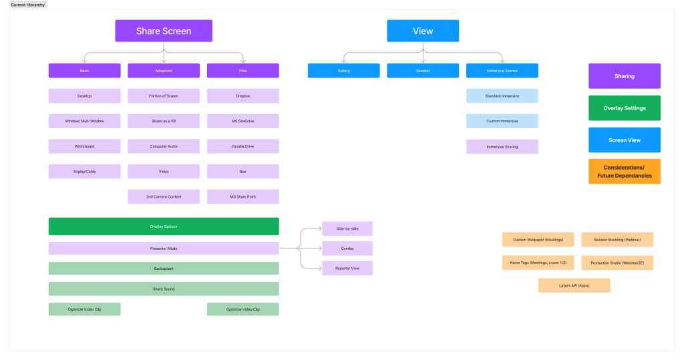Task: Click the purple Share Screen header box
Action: click(x=164, y=31)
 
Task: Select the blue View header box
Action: click(x=423, y=31)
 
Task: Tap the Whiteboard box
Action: click(x=85, y=146)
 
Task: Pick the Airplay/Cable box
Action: click(x=85, y=172)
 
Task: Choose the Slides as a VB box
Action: click(x=164, y=121)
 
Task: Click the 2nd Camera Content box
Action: click(x=164, y=197)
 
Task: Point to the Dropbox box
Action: click(x=243, y=96)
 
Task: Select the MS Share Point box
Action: click(x=243, y=197)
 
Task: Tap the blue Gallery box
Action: click(x=343, y=71)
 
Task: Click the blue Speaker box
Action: click(x=423, y=71)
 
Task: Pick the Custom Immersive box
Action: click(x=502, y=121)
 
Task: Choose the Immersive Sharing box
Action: click(x=502, y=146)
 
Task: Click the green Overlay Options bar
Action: click(x=164, y=226)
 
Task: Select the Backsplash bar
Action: click(x=164, y=268)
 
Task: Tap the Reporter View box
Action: click(x=347, y=268)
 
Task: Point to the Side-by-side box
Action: click(x=347, y=228)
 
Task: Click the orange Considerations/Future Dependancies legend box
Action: click(x=625, y=172)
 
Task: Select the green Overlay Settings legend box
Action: click(x=625, y=108)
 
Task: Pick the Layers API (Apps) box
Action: click(x=574, y=286)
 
